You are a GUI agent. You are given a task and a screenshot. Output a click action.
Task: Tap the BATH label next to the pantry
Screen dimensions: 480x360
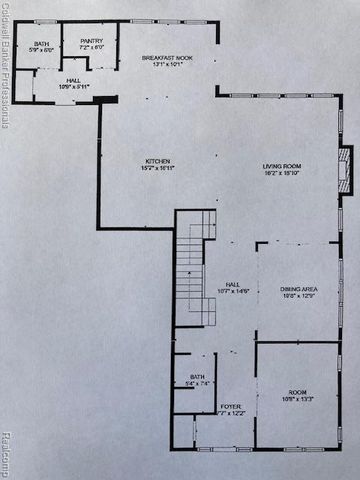[x=40, y=44]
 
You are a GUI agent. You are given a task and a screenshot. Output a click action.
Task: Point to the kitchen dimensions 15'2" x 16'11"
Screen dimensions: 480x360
[x=158, y=168]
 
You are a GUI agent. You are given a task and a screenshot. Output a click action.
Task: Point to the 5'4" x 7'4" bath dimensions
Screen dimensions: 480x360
[x=197, y=382]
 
